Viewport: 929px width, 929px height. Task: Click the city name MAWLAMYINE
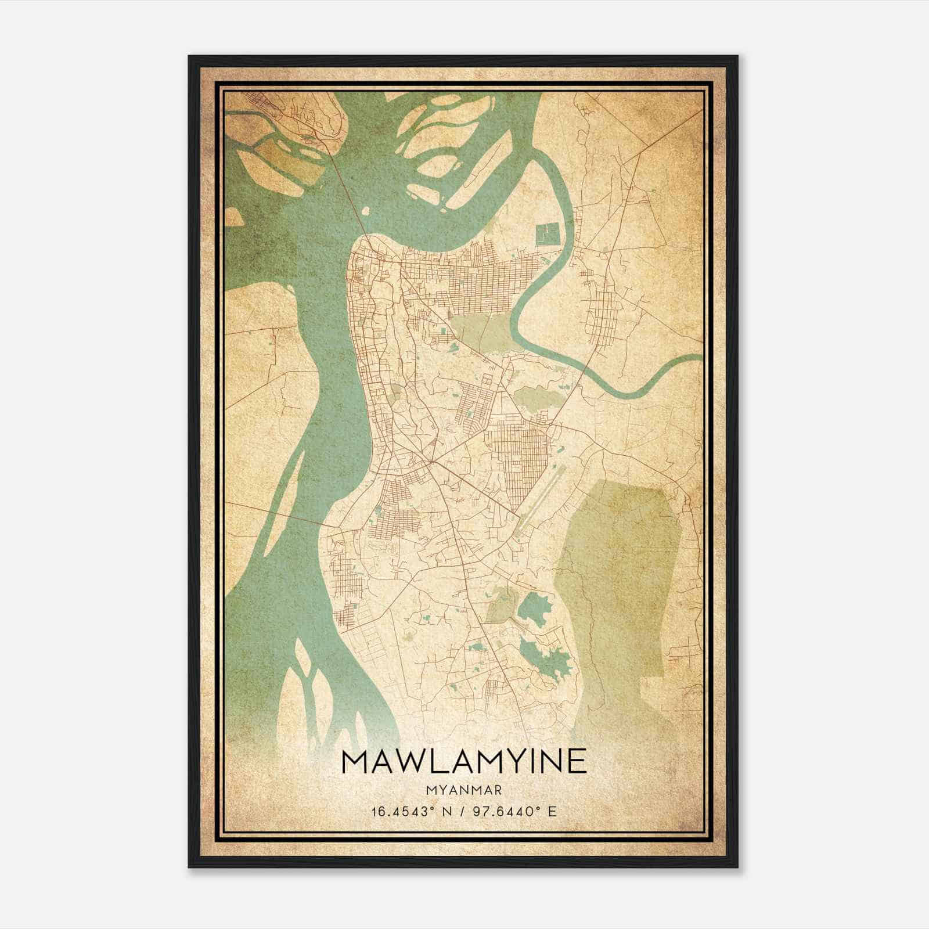pos(464,762)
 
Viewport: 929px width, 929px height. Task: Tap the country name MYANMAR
pos(464,790)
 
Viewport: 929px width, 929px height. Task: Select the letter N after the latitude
pos(444,811)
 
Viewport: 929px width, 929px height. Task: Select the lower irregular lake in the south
pos(546,656)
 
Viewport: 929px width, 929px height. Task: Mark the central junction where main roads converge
pos(431,463)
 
